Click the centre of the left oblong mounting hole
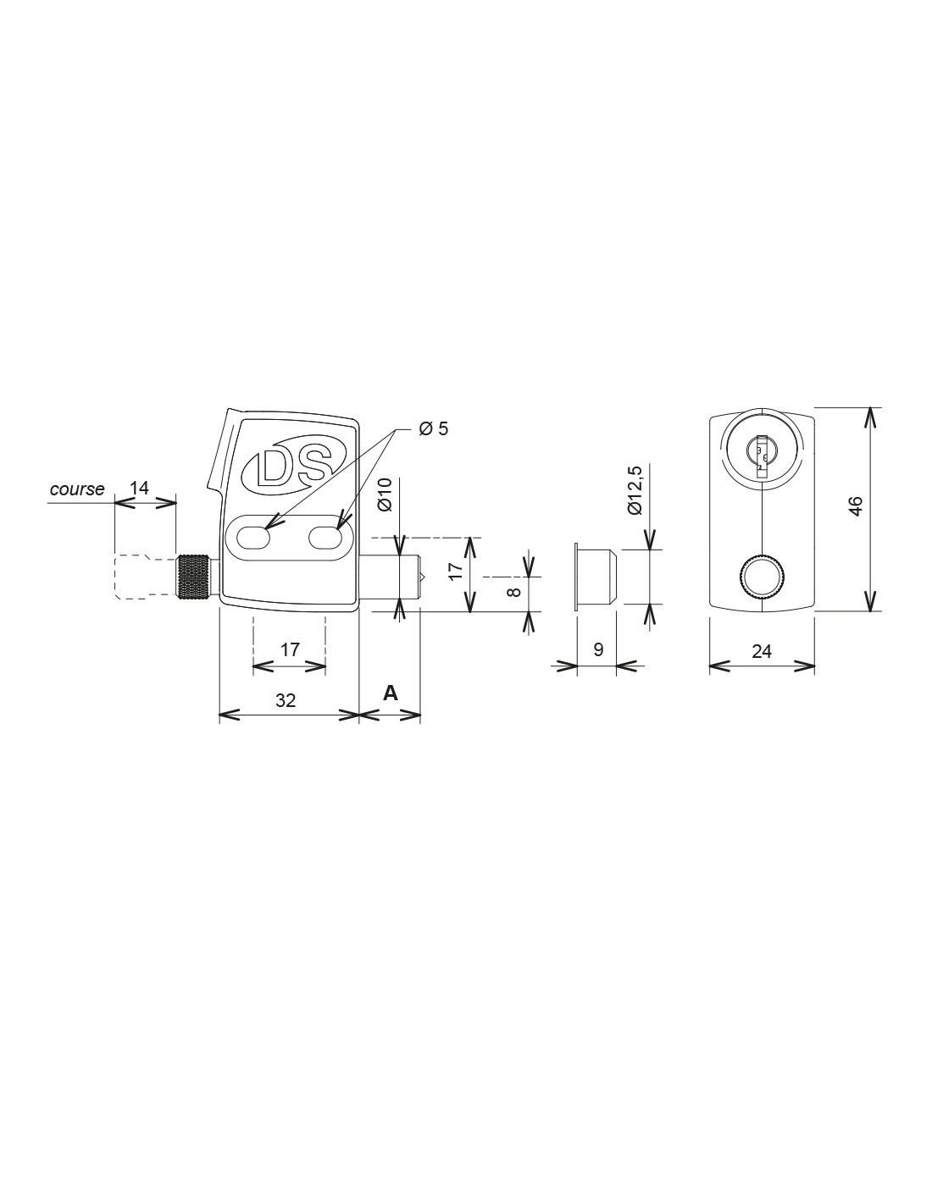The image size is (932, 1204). (253, 537)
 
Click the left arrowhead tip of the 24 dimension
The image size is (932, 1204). (710, 666)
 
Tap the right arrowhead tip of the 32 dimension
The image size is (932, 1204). (359, 715)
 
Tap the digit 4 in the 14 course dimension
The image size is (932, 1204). (145, 489)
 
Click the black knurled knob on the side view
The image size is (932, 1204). (193, 577)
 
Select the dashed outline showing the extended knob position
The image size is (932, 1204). (145, 577)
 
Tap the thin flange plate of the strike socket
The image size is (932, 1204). (577, 577)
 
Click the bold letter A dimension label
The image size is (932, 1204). (391, 692)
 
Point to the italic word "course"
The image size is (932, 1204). (77, 489)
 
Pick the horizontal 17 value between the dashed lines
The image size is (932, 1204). (290, 649)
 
